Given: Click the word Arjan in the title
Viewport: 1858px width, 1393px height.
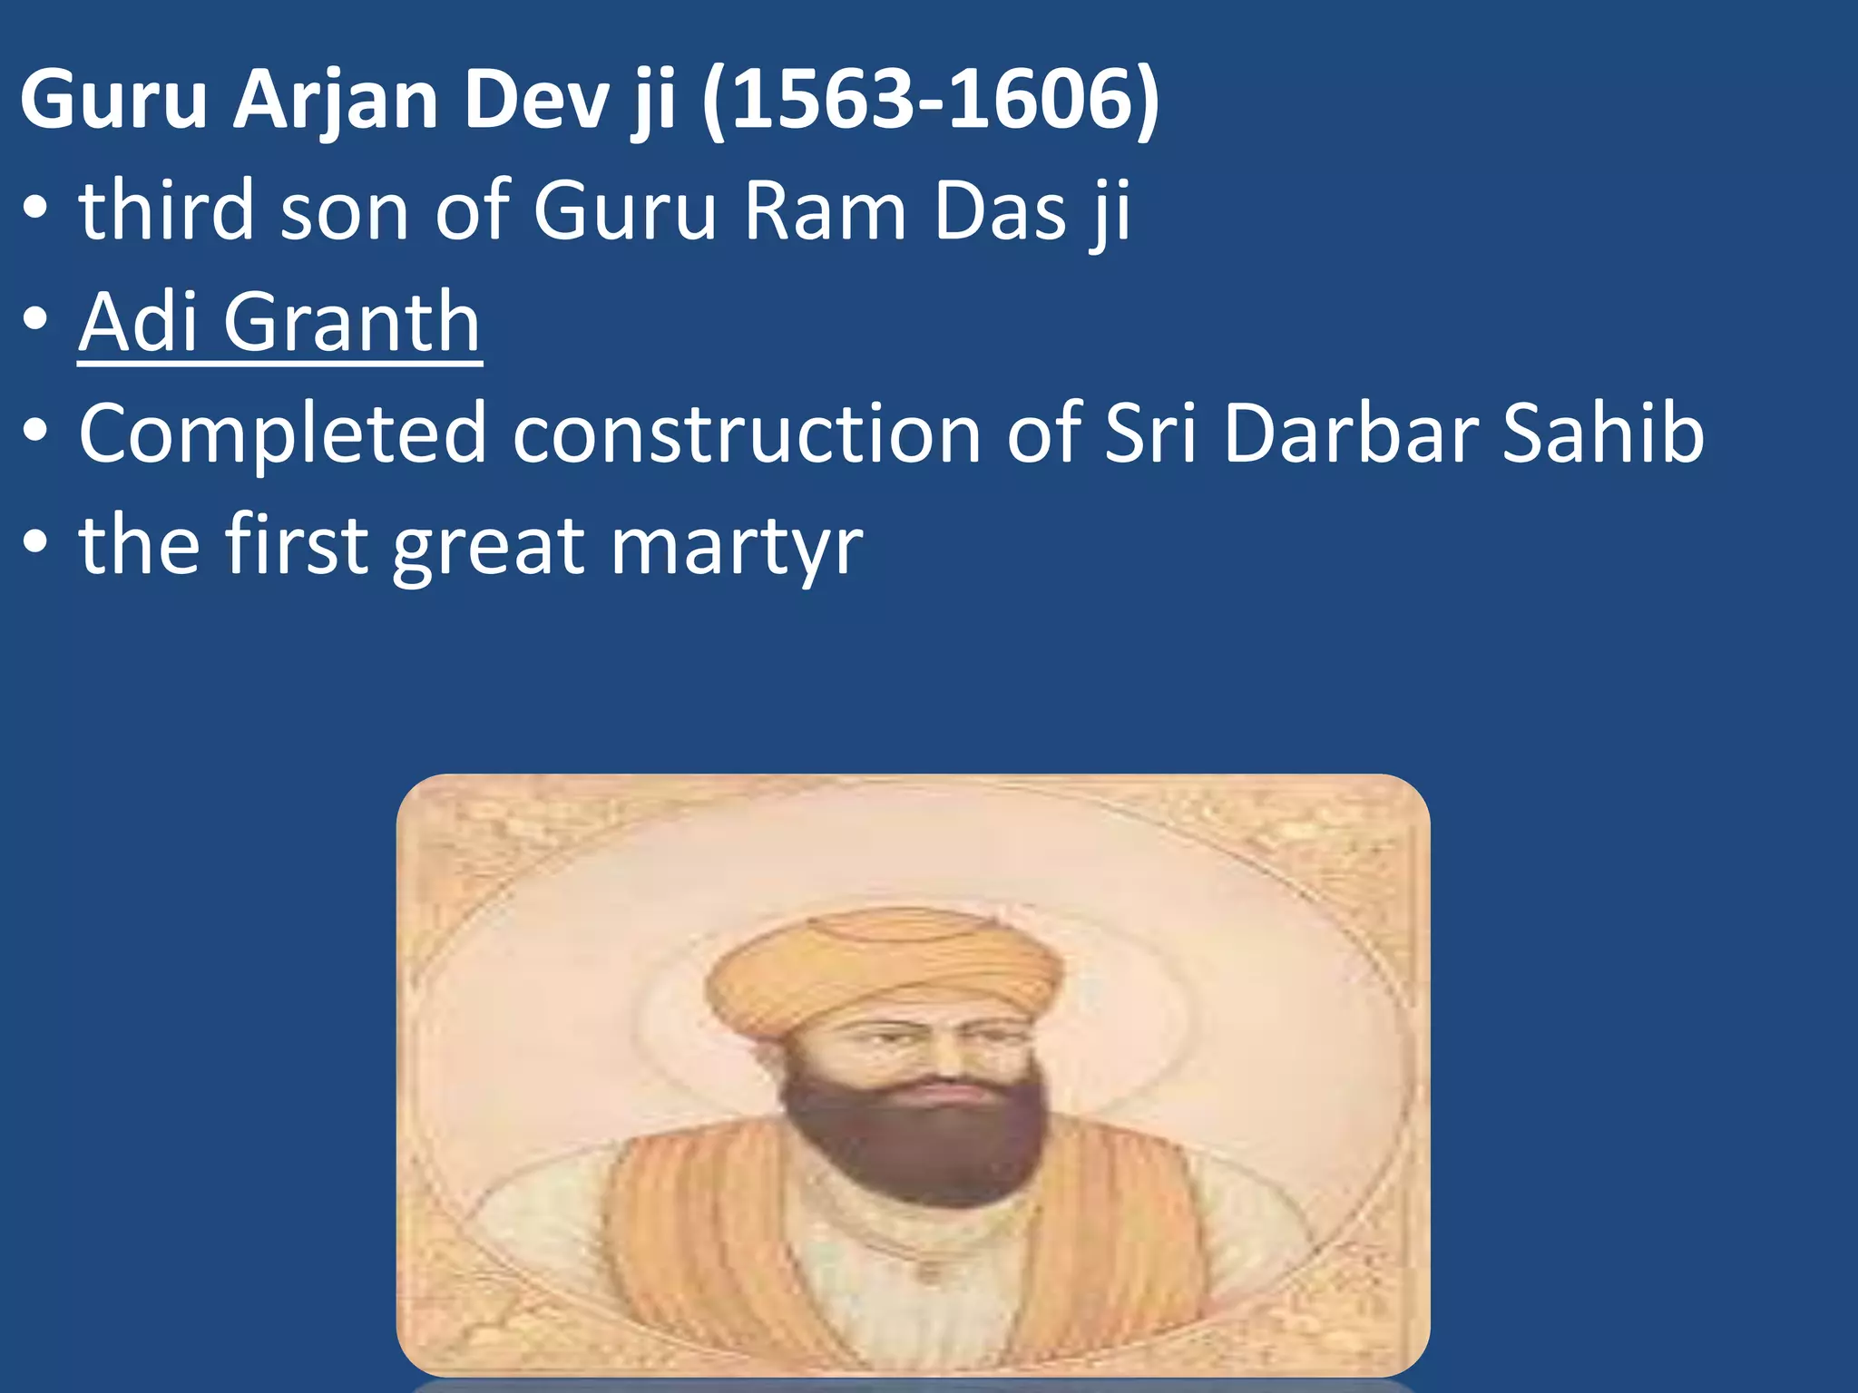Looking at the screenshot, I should [336, 102].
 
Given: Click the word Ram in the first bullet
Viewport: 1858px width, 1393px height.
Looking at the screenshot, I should [825, 212].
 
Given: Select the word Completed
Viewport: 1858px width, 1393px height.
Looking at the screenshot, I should [282, 434].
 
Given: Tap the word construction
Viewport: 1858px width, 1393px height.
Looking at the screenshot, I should [746, 434].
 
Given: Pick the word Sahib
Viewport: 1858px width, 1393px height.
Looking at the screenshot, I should [1603, 433].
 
